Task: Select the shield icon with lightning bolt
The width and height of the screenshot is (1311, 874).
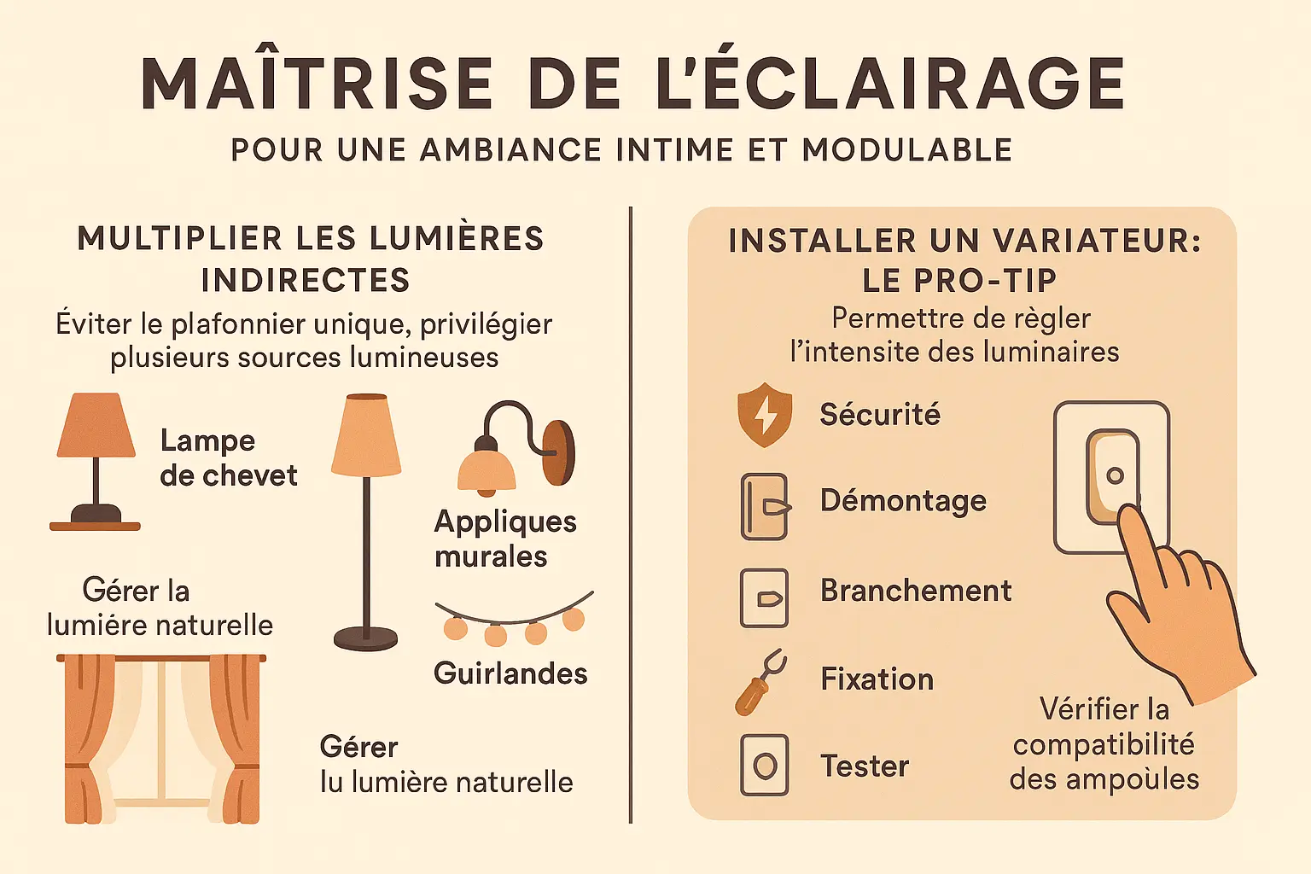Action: [765, 415]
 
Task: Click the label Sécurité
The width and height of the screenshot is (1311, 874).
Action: [880, 415]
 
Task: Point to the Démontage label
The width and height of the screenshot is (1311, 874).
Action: [903, 502]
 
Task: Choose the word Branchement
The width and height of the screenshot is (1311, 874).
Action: [916, 590]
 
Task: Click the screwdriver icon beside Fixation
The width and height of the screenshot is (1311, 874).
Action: [760, 682]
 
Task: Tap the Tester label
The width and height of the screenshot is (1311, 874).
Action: [865, 766]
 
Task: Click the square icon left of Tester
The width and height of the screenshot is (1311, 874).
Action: [765, 765]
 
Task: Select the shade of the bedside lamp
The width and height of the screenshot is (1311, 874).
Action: [96, 425]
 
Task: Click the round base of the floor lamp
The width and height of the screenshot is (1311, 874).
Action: [366, 638]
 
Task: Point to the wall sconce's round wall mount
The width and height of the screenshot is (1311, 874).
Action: [559, 452]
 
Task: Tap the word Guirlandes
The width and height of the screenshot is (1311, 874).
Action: [510, 673]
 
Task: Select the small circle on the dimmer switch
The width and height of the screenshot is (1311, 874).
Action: [1115, 475]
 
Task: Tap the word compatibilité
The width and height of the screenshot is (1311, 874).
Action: [1104, 745]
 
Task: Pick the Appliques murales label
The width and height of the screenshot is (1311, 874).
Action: [505, 539]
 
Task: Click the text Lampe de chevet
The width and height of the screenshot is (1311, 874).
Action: [228, 457]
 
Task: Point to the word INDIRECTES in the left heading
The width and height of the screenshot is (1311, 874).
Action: [306, 280]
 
